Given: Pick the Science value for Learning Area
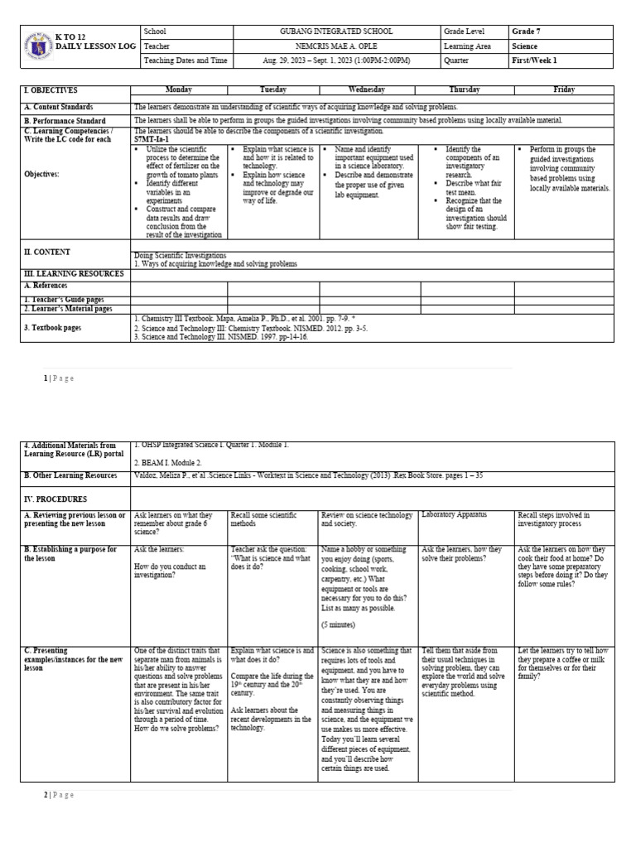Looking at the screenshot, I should pyautogui.click(x=525, y=46).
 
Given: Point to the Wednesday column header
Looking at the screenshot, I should pyautogui.click(x=367, y=89).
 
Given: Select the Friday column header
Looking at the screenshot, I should pyautogui.click(x=564, y=89).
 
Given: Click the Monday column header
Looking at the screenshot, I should pyautogui.click(x=178, y=89).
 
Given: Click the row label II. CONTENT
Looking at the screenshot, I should pyautogui.click(x=47, y=252).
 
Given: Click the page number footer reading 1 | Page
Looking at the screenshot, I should pyautogui.click(x=58, y=378).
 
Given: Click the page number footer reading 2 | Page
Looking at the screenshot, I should pyautogui.click(x=58, y=795).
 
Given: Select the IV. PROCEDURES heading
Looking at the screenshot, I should pyautogui.click(x=56, y=500).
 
